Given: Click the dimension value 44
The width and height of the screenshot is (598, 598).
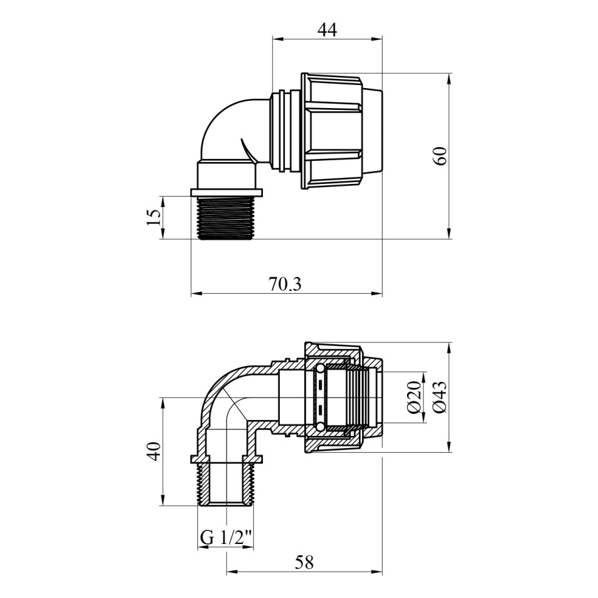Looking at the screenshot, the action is [x=327, y=30].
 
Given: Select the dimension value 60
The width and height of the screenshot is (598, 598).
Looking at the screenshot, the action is [x=440, y=156].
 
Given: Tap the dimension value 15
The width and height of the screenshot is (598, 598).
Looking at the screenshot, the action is [x=154, y=217].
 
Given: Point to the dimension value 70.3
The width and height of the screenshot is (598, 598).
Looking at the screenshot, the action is [x=285, y=284].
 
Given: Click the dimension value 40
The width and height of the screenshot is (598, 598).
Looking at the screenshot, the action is [x=154, y=451].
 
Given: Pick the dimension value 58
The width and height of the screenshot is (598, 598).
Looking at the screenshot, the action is [x=304, y=562].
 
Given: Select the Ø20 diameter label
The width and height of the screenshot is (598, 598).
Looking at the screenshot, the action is [x=414, y=397].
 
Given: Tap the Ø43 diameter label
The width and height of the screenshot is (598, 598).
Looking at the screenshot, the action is [x=440, y=397].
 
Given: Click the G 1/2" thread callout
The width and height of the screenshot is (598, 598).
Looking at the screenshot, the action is [x=226, y=538].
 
